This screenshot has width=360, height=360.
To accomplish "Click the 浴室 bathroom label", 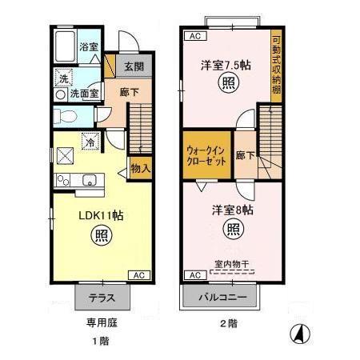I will tap(89, 47).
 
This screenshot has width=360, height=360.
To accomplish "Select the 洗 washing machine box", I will tap(62, 78).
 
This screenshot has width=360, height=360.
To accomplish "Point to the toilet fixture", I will tap(66, 117).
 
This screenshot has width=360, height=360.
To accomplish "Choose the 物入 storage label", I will tap(140, 170).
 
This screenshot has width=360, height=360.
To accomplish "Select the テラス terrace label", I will tap(101, 298).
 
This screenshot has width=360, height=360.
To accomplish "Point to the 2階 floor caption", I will tap(229, 323).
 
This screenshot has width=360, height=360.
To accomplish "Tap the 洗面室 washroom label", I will tap(83, 94).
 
